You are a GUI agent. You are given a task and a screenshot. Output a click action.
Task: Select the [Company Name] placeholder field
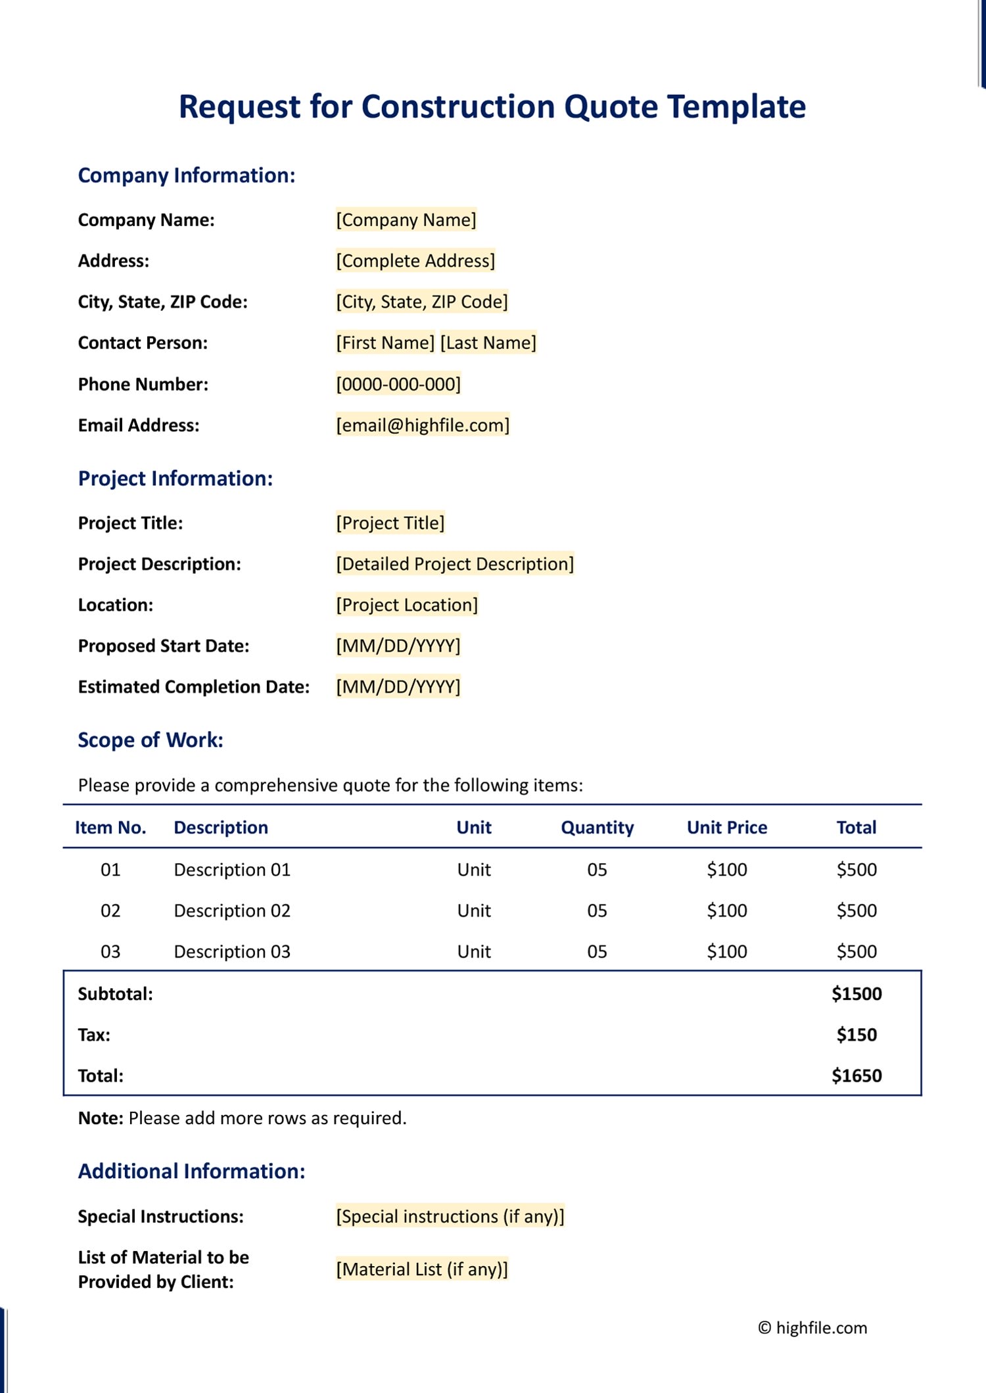point(406,220)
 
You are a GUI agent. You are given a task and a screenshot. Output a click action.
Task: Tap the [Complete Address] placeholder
point(415,261)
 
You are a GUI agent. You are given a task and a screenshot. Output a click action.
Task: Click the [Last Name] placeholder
point(488,342)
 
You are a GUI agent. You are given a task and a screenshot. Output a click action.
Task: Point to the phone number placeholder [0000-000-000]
point(398,384)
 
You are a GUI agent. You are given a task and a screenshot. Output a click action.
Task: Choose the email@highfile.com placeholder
point(423,425)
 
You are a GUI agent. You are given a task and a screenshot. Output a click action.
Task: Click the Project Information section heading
point(176,479)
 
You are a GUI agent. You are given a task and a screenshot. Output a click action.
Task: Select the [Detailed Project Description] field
point(455,564)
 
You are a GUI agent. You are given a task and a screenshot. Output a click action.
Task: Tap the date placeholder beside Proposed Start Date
point(398,646)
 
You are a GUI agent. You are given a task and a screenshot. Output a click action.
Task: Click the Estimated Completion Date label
point(194,687)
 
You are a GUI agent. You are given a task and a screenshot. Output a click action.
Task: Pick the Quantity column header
point(597,828)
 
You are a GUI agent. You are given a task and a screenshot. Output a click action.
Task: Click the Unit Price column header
point(727,828)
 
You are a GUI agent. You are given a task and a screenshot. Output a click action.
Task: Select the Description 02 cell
point(232,910)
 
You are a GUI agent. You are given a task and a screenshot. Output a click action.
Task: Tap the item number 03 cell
point(110,951)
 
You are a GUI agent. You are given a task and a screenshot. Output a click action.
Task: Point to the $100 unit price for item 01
point(727,870)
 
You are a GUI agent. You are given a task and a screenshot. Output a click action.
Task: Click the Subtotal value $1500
point(857,994)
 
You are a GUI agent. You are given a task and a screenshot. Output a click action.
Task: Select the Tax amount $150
point(857,1035)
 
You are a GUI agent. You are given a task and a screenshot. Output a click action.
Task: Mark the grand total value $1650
point(857,1075)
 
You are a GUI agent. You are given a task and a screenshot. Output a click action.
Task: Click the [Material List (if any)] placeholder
point(422,1269)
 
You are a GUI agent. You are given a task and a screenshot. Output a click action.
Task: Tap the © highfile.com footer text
point(812,1327)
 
